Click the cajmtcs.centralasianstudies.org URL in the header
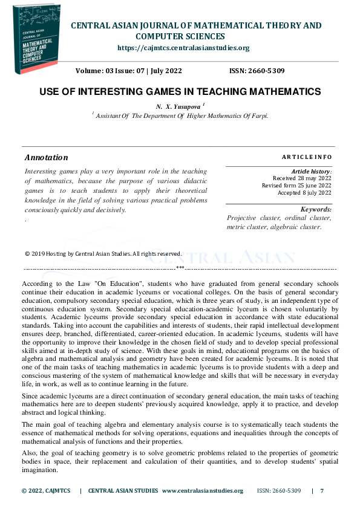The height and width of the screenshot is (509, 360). (x=183, y=48)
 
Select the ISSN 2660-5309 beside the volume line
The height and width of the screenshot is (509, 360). (x=257, y=71)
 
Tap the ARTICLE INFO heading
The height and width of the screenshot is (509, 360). (x=307, y=157)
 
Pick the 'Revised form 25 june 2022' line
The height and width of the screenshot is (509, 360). (x=296, y=186)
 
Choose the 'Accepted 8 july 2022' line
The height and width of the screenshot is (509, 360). (x=304, y=193)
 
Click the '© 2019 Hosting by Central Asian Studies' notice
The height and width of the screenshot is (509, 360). (x=103, y=254)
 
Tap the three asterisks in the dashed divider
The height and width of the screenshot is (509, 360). (x=180, y=267)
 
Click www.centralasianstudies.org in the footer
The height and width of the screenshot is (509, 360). (x=203, y=491)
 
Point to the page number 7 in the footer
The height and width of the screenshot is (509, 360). (x=322, y=491)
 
